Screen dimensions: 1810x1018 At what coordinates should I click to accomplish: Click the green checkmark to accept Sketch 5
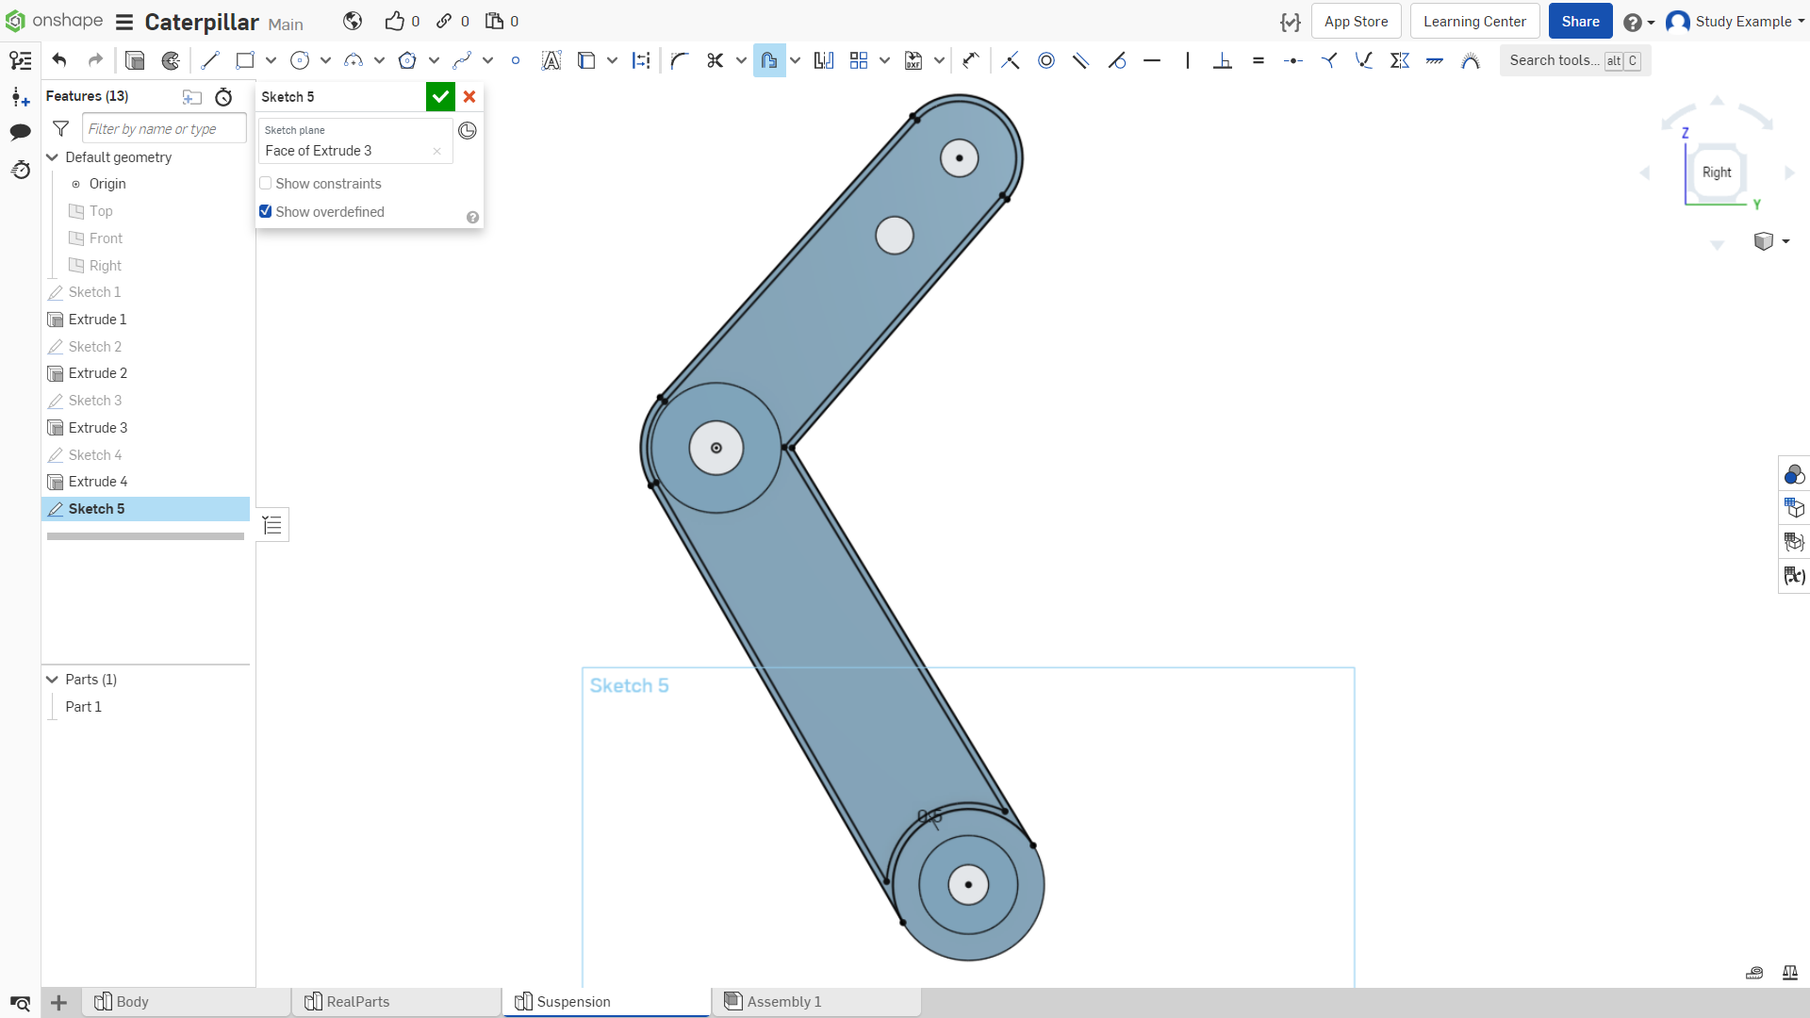tap(440, 96)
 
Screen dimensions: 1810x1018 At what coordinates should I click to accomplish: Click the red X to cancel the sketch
tap(469, 96)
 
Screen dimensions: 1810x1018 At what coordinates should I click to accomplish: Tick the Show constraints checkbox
tap(266, 184)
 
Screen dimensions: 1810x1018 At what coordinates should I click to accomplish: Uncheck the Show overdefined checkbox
tap(266, 212)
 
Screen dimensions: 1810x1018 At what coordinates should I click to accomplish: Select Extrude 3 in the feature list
tap(98, 428)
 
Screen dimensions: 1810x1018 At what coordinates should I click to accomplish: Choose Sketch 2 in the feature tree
tap(95, 347)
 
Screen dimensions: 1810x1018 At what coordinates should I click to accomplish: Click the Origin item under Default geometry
tap(107, 184)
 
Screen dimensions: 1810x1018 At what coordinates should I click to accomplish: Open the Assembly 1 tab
tap(784, 1002)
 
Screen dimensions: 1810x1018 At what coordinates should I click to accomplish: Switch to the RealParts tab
tap(358, 1002)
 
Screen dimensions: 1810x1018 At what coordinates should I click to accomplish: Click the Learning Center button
tap(1474, 22)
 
